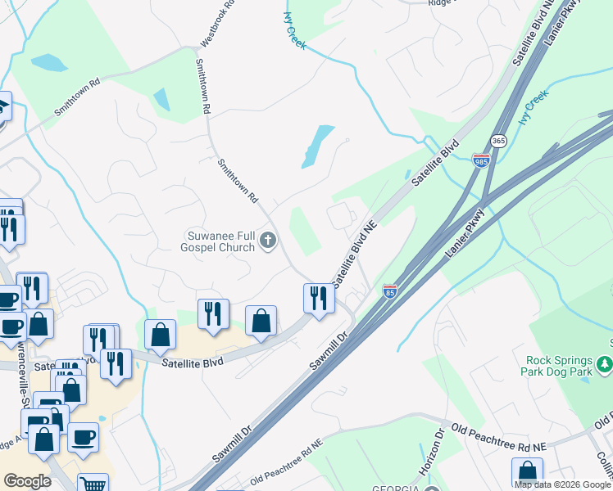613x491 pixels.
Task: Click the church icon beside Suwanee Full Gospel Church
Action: point(267,241)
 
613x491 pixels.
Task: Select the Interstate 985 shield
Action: point(481,160)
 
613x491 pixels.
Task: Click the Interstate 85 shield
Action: point(390,291)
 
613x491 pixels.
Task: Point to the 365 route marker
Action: point(499,141)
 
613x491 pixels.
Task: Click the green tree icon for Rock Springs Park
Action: point(605,363)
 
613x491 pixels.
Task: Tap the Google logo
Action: point(28,481)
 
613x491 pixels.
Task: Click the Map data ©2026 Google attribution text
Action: point(562,484)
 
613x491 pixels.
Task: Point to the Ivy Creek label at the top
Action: point(294,31)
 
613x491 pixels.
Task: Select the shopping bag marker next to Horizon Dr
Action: point(527,472)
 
